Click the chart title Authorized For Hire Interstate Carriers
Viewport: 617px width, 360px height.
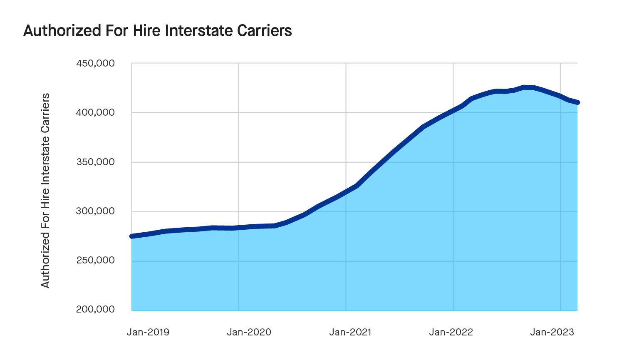[x=157, y=31]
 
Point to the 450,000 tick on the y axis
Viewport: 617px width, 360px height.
[x=95, y=64]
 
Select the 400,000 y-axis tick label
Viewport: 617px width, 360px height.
[x=95, y=113]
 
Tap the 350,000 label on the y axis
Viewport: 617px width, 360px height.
[x=95, y=162]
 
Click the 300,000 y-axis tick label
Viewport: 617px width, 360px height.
[x=95, y=211]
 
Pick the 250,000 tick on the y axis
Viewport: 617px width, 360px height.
[x=95, y=261]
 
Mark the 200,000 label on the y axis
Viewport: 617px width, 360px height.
[x=95, y=310]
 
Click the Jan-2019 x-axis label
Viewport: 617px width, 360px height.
[x=148, y=332]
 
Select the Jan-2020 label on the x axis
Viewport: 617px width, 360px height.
[x=249, y=332]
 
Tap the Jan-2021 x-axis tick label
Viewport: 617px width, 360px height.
[x=350, y=332]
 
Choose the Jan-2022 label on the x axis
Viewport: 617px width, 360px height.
[x=451, y=332]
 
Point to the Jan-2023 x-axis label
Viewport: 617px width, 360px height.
[x=552, y=332]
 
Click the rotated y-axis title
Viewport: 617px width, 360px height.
[x=45, y=190]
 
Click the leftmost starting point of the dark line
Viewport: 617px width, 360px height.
[x=132, y=236]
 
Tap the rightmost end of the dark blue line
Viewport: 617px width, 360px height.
[x=577, y=102]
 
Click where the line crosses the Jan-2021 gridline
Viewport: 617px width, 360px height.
[x=346, y=191]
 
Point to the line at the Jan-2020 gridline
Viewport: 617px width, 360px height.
[x=239, y=228]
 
